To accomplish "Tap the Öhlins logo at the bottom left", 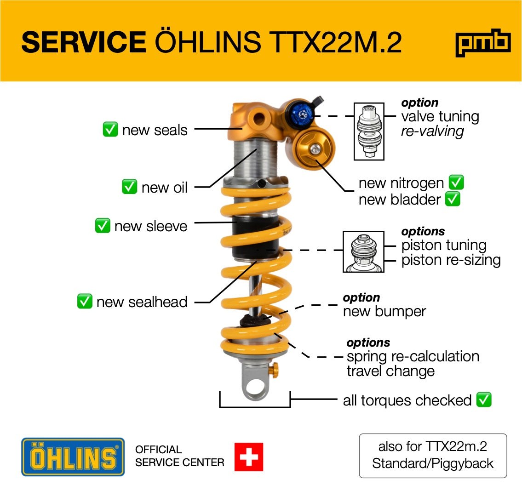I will [73, 457].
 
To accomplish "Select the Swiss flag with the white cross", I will [249, 457].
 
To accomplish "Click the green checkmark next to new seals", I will [110, 129].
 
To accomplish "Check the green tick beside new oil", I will [130, 187].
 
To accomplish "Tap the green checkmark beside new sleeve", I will [103, 226].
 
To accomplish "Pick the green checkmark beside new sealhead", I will [85, 302].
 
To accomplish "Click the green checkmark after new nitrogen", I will [456, 183].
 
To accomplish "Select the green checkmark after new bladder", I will [453, 199].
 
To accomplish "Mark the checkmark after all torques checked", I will [484, 400].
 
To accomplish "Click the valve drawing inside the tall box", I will [369, 131].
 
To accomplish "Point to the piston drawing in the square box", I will [363, 251].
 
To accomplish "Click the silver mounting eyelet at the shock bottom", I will [255, 381].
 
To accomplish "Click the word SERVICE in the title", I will [84, 42].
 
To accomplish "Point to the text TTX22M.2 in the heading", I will [335, 42].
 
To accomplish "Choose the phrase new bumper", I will [384, 311].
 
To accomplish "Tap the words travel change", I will [390, 371].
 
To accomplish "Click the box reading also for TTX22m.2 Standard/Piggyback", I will [433, 455].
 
